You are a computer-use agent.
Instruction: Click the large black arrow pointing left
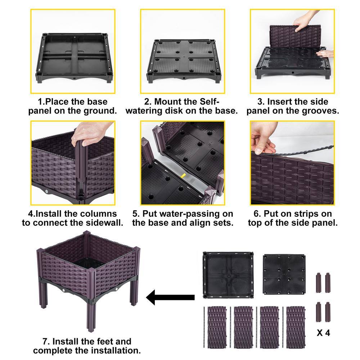pos(170,297)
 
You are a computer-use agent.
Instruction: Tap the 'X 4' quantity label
pos(323,333)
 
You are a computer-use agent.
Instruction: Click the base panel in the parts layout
pos(228,275)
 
